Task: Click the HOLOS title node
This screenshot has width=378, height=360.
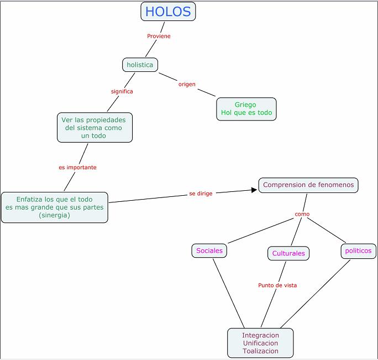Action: (168, 12)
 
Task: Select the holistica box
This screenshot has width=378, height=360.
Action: (140, 65)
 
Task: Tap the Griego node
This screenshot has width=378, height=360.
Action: (246, 109)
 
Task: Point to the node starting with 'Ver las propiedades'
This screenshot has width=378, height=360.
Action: (95, 127)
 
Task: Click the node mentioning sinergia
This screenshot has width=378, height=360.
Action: (55, 207)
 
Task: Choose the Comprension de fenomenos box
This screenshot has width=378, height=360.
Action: (308, 185)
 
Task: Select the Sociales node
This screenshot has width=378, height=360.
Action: (209, 251)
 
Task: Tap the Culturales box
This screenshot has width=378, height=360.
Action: (288, 253)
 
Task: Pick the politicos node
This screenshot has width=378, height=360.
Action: (359, 251)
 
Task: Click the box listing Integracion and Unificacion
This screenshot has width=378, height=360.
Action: (260, 343)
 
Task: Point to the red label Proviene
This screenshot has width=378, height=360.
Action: (159, 36)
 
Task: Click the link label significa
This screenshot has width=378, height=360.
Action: (122, 91)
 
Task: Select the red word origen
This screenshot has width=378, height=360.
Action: (187, 85)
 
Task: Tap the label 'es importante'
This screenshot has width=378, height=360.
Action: (77, 168)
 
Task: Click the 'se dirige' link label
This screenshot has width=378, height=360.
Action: (201, 194)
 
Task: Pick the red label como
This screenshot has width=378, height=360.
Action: (302, 214)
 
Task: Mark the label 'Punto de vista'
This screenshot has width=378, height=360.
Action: (277, 285)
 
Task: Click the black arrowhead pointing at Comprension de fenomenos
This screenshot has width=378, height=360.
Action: (254, 190)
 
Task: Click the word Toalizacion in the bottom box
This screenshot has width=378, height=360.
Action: (260, 351)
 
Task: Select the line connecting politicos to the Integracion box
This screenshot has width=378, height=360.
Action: (316, 294)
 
